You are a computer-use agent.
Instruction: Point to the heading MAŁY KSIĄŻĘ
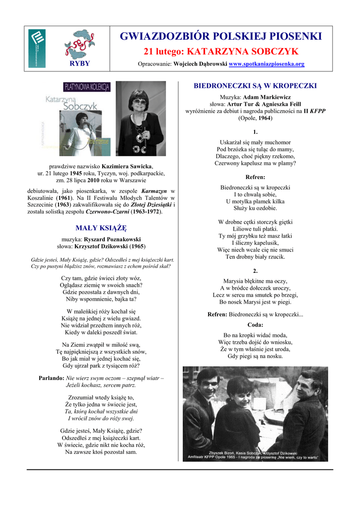click(101, 228)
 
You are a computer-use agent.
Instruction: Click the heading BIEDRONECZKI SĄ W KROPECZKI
click(255, 86)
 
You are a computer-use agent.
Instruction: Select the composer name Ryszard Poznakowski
click(112, 239)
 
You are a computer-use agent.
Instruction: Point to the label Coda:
click(255, 324)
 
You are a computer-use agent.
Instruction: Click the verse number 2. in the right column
click(255, 271)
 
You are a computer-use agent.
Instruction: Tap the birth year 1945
click(75, 174)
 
